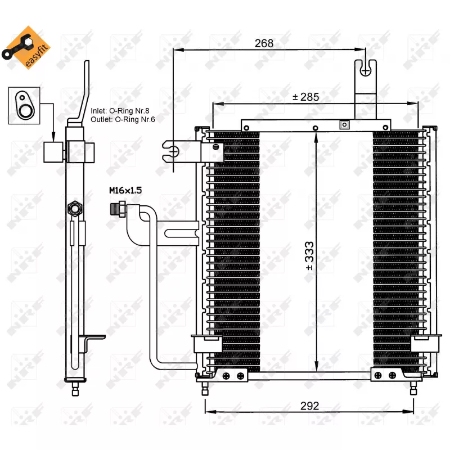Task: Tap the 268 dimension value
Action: tap(263, 43)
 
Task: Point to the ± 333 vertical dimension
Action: tap(309, 256)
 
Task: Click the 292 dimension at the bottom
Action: tap(309, 406)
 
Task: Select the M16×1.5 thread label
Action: tap(125, 191)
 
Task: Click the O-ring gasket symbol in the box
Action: tap(24, 103)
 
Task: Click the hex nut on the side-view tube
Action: tap(73, 209)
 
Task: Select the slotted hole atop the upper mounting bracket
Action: tap(366, 69)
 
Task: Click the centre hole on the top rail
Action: tap(316, 128)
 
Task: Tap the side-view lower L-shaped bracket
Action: tap(90, 341)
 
